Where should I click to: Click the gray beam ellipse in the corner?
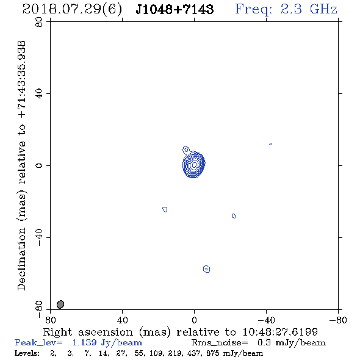60,304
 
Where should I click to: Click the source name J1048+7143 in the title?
175,9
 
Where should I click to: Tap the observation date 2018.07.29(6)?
72,10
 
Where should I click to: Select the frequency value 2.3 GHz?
309,9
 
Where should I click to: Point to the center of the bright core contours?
194,164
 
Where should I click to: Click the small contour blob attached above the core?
186,150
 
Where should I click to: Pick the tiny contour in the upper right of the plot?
271,144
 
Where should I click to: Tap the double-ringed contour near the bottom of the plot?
207,269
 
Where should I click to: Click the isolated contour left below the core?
165,209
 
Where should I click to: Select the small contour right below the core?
234,216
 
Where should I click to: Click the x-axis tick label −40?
266,320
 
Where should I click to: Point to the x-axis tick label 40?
122,320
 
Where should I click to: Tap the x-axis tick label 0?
194,320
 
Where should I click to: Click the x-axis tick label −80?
338,320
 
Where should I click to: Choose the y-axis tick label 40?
39,94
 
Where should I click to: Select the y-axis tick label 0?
39,165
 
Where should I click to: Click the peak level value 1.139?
84,342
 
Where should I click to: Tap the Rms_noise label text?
220,343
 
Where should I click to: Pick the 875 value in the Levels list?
213,353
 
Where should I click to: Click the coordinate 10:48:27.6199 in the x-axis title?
280,332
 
